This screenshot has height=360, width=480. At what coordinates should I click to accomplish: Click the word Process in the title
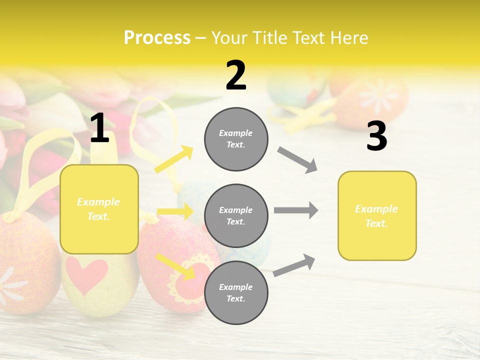coord(157,38)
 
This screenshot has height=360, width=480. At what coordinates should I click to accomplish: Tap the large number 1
coord(99,128)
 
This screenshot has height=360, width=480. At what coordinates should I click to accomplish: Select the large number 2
coord(236,76)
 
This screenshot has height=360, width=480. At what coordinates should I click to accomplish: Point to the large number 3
coord(376,136)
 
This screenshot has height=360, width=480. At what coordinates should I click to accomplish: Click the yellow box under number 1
coord(99,209)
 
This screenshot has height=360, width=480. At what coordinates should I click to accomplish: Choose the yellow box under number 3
coord(377,215)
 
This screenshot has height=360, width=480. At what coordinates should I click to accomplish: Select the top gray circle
coord(236,139)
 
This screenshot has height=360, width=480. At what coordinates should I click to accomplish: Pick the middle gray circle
coord(236,215)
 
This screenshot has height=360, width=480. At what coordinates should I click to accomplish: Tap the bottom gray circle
coord(236,292)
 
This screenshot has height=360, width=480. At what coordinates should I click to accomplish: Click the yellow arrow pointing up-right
coord(174,159)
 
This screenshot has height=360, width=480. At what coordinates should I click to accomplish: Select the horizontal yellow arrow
coord(175,211)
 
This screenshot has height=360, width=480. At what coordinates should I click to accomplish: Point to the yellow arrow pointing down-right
coord(176,266)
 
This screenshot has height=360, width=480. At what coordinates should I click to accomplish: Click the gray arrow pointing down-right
coord(297,160)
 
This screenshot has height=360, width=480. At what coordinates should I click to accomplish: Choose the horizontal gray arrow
coord(296,210)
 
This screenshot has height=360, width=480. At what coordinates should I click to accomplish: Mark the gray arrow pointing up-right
coord(294,265)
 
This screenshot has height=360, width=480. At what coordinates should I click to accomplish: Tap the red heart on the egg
coord(86,274)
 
